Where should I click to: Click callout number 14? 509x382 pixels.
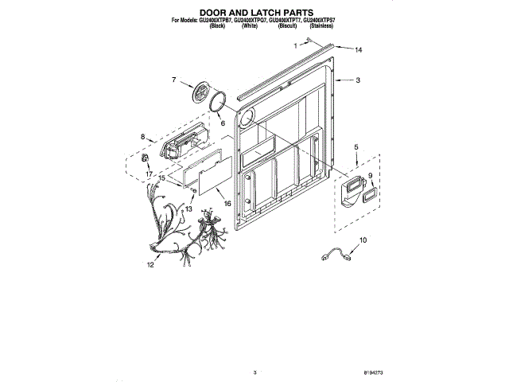358,50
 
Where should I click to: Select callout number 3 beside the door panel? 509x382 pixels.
358,80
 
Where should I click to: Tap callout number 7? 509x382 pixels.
173,79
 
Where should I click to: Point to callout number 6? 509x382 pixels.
223,123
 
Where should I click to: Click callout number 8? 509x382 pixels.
143,137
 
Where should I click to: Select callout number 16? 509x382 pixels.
227,204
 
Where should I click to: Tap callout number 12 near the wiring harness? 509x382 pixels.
149,266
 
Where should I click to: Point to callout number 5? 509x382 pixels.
356,147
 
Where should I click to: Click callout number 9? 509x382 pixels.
370,176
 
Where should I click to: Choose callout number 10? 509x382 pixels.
363,239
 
